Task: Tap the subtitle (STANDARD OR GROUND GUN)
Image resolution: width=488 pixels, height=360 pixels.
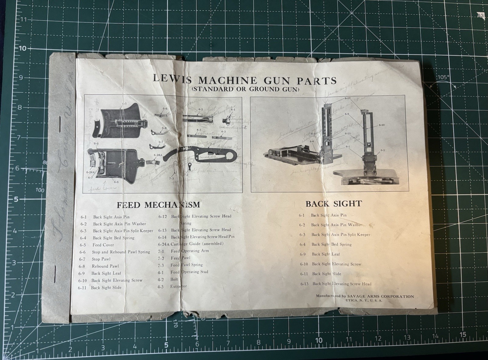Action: pos(246,89)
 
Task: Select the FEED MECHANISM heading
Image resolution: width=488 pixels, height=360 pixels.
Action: pos(158,205)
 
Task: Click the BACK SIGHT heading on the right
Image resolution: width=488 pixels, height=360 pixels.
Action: pos(334,204)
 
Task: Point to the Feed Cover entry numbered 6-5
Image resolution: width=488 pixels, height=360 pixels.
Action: pos(103,245)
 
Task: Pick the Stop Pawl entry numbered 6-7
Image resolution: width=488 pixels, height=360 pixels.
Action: pos(101,259)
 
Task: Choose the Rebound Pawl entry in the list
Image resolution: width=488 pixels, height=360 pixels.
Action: pos(105,266)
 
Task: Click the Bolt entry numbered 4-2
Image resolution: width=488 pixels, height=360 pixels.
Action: pos(174,279)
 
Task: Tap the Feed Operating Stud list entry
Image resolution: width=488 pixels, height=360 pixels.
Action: pos(189,272)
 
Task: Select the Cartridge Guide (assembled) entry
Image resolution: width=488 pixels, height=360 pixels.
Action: pos(197,244)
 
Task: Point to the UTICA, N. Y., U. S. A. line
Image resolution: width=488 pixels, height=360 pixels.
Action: pos(364,301)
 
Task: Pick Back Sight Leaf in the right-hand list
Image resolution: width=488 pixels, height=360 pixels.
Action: pos(325,254)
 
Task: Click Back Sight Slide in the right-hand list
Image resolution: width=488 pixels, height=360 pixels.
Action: pos(326,274)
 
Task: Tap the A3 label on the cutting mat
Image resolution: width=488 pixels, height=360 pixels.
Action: pos(481,16)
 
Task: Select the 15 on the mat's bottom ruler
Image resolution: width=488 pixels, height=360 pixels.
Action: pos(463,335)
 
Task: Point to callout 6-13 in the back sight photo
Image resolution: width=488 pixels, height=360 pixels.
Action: pos(347,99)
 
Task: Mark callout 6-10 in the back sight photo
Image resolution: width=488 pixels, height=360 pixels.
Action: pos(382,125)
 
